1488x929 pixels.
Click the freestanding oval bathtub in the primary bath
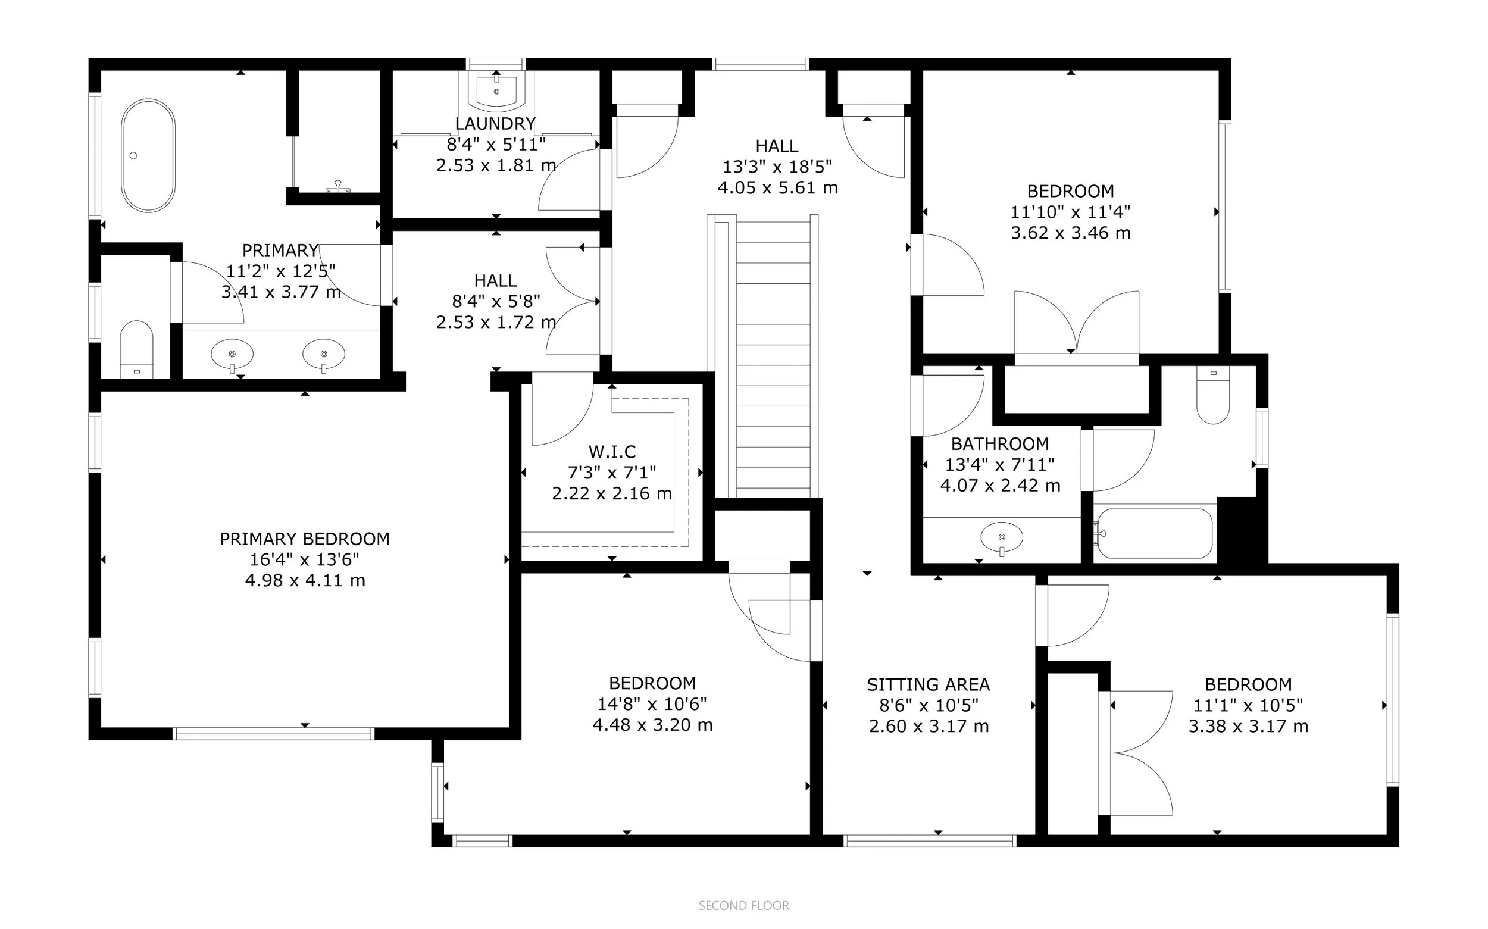coord(148,155)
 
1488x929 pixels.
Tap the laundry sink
coord(496,89)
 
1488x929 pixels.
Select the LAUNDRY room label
coord(495,124)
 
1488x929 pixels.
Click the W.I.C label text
coord(612,452)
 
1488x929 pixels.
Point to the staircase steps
coord(773,359)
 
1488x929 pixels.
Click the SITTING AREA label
coord(929,684)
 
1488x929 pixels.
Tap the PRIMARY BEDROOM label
coord(305,539)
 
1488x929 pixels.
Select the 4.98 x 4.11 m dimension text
coord(305,581)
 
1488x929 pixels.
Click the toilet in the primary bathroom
coord(136,348)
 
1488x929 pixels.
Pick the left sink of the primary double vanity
coord(232,355)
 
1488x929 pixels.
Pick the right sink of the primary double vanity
coord(324,355)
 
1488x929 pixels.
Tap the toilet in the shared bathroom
coord(1213,395)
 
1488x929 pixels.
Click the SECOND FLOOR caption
coord(743,906)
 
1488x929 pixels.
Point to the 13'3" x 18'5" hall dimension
coord(777,167)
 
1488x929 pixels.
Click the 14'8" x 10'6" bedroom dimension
coord(652,704)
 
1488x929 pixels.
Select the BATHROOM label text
coord(1000,443)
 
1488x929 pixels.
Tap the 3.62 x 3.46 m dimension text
coord(1071,233)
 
